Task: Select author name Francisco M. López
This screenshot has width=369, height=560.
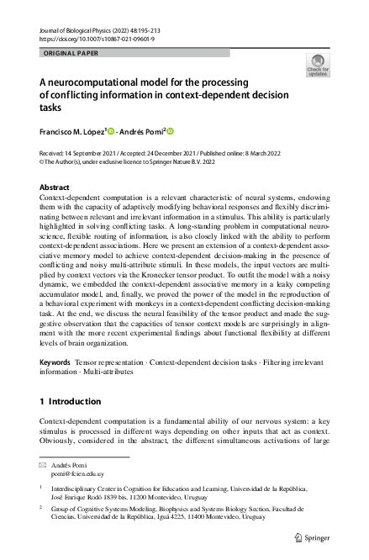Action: coord(73,131)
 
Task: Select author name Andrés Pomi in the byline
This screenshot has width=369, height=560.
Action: coord(141,131)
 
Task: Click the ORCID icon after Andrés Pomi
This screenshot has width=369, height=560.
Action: coord(170,131)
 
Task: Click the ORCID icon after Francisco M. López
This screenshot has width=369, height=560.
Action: coord(110,131)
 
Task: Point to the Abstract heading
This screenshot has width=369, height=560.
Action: coord(55,188)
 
